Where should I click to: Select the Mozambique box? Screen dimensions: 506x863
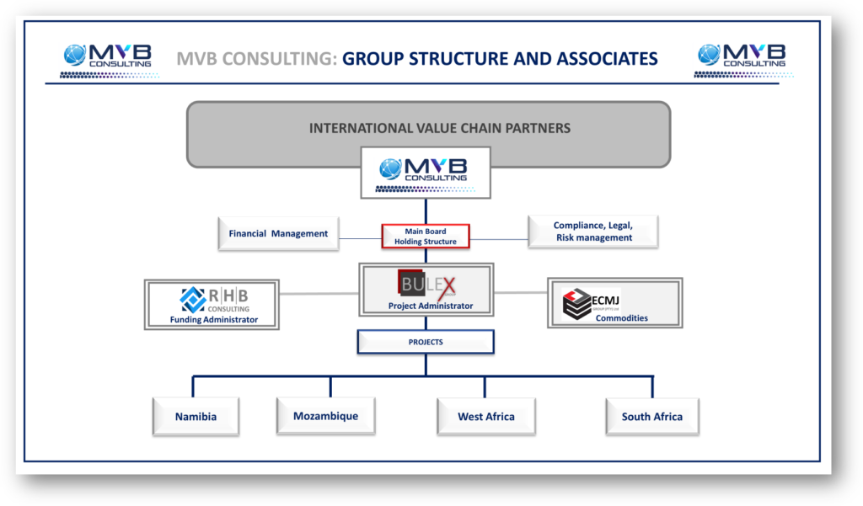[325, 416]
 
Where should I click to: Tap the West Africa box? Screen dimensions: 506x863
[485, 417]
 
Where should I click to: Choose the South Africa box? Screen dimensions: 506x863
[651, 417]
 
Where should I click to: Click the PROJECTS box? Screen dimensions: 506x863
[426, 343]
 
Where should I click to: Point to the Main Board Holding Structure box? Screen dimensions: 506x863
[426, 237]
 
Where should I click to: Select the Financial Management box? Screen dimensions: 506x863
[278, 233]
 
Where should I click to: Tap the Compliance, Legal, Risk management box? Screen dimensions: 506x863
[593, 232]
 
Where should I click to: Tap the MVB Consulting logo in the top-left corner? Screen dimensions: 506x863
[108, 56]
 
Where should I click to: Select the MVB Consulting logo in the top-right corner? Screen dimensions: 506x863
[742, 56]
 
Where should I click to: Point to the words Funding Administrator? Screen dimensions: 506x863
[214, 319]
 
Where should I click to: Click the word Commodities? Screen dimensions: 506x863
[622, 318]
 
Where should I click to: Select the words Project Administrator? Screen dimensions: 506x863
[431, 306]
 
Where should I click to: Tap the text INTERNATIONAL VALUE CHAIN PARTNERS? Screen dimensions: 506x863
[440, 129]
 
